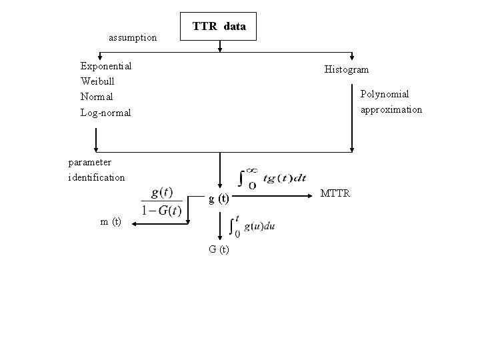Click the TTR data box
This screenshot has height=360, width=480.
(219, 27)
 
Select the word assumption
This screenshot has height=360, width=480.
(133, 38)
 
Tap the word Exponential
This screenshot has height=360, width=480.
(105, 66)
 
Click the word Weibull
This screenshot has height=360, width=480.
(98, 81)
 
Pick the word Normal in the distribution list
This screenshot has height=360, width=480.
(97, 97)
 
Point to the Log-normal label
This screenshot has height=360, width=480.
(105, 113)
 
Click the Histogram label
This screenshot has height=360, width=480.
(346, 69)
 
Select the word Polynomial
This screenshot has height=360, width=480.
(385, 95)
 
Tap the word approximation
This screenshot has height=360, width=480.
(391, 109)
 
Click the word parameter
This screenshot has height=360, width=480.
(90, 162)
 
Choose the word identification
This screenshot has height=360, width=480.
(96, 177)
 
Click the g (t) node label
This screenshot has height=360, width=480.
(219, 199)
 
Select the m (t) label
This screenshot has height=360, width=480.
(111, 222)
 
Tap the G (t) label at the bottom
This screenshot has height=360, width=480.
(219, 250)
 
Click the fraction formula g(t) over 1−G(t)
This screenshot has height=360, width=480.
(162, 201)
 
